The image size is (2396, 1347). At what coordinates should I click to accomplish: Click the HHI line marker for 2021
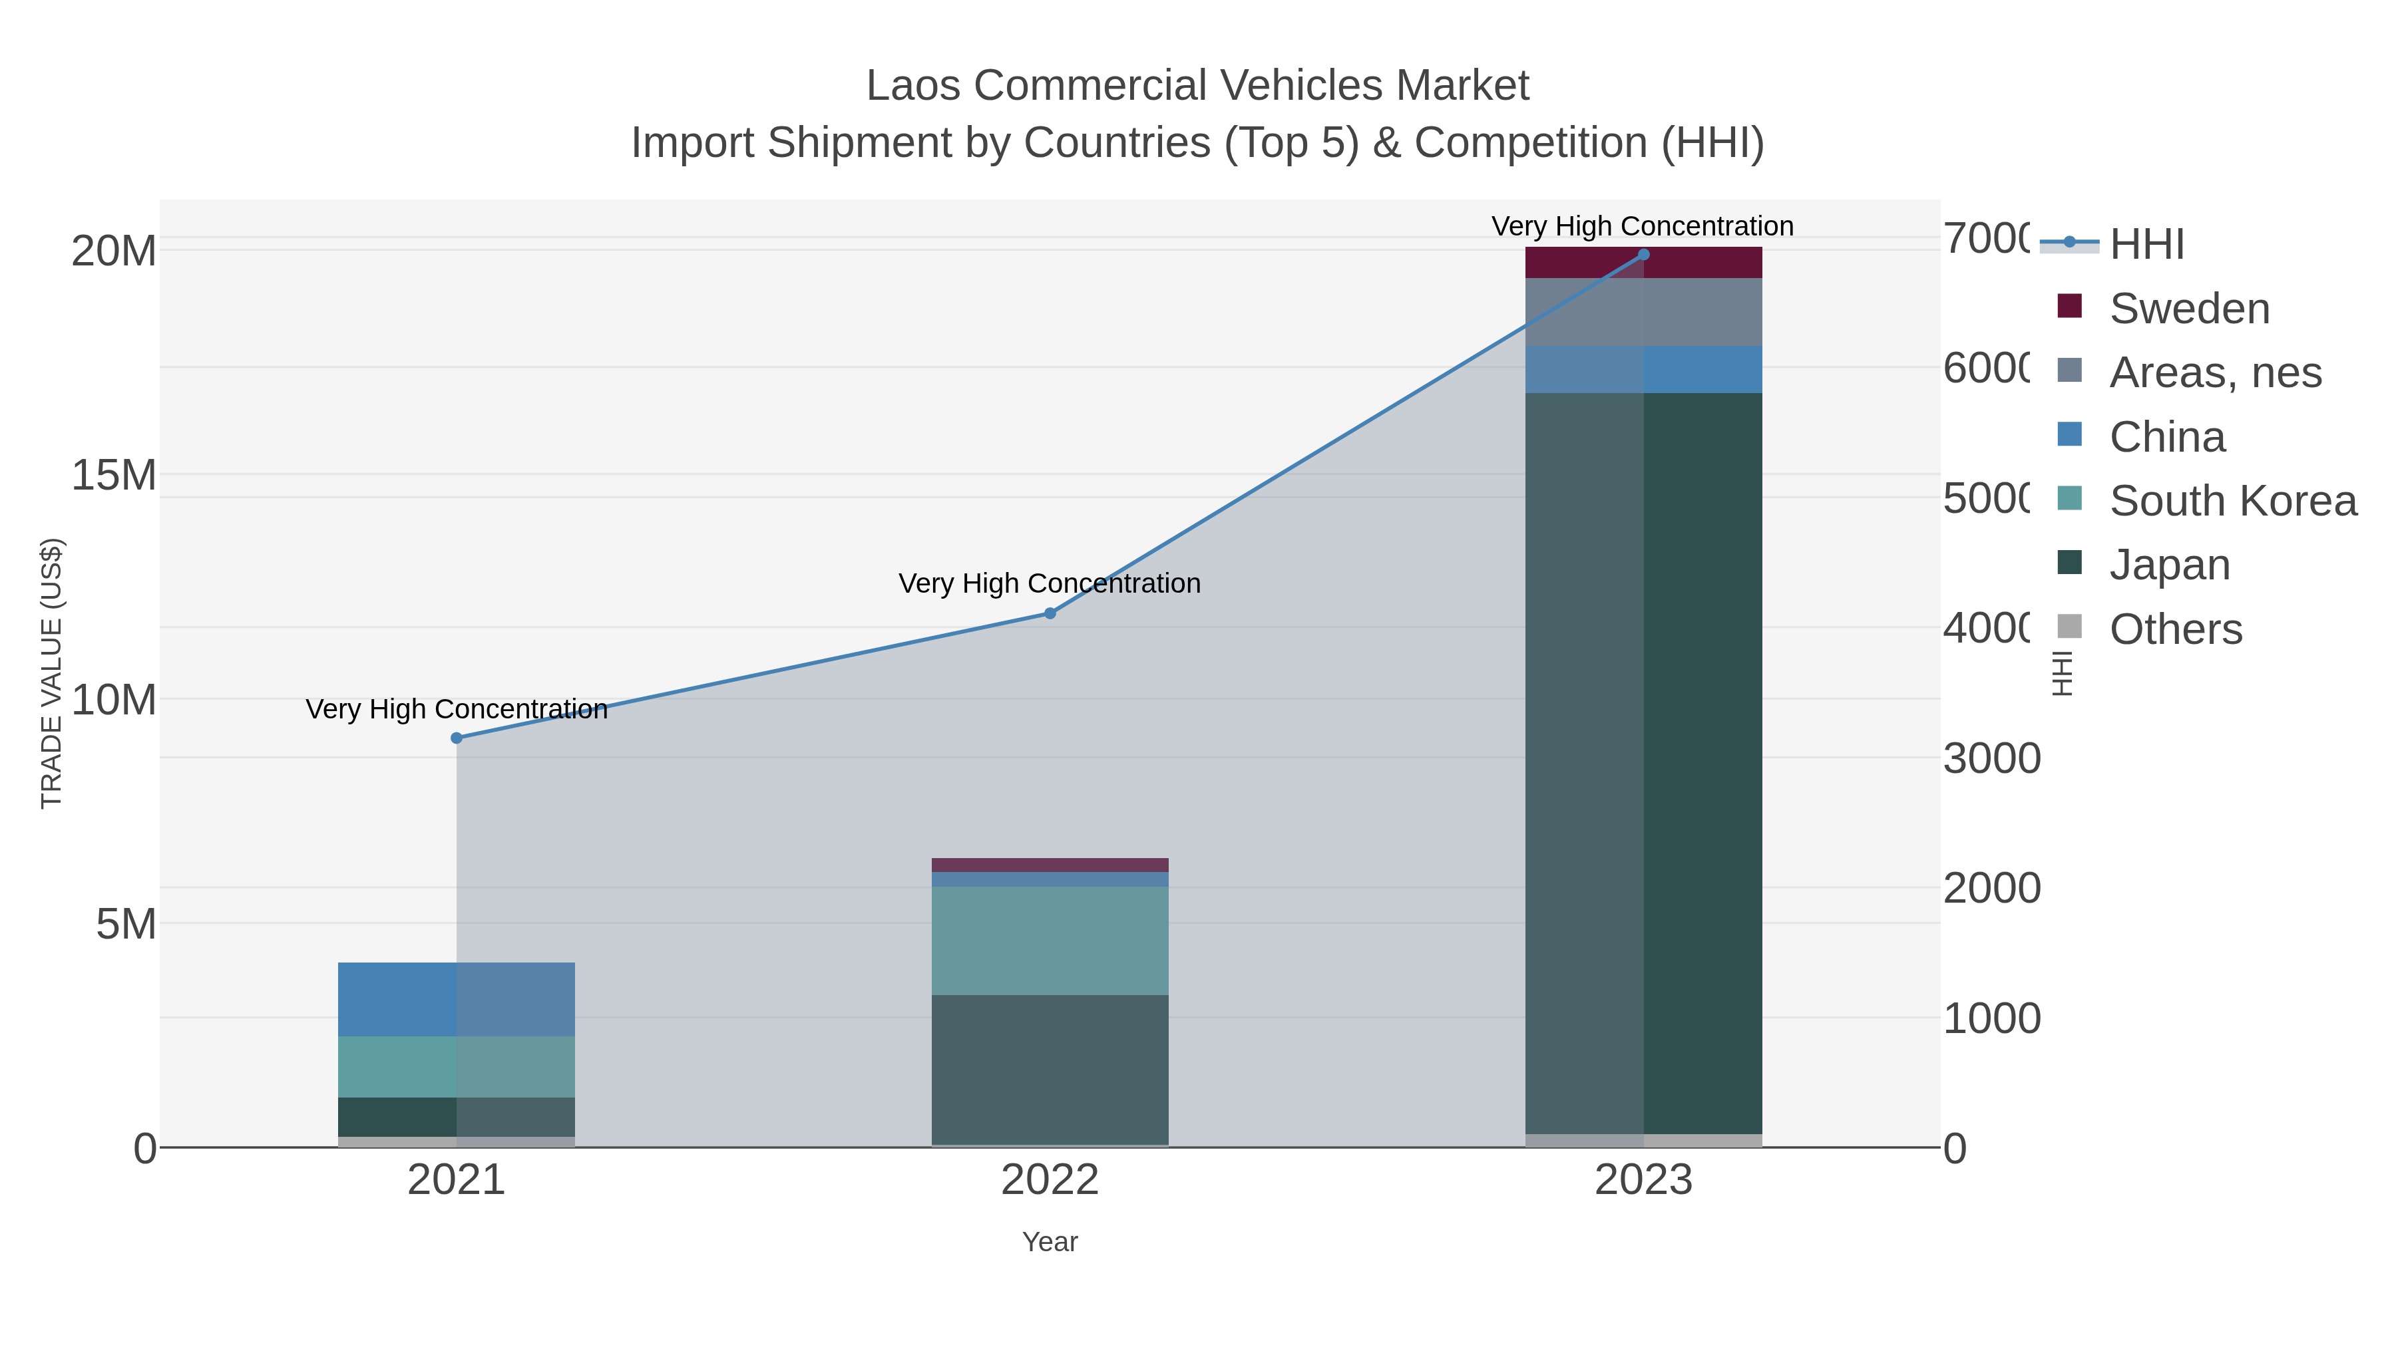click(457, 738)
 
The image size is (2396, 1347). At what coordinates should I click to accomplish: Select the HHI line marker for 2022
click(1050, 613)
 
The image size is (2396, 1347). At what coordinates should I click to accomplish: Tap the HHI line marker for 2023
click(1643, 255)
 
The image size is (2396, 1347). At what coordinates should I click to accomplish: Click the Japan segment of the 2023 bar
click(1643, 762)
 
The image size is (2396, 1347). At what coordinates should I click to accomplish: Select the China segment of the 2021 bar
click(456, 999)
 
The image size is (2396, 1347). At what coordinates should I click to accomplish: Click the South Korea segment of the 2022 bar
click(1050, 941)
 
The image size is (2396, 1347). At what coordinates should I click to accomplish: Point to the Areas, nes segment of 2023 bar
click(1643, 313)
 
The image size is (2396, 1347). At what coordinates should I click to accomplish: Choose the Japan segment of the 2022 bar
click(1050, 1069)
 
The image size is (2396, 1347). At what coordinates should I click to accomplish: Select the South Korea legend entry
click(2232, 501)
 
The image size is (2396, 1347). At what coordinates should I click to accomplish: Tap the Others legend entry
click(2174, 629)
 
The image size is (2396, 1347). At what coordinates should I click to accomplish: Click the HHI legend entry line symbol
click(2069, 243)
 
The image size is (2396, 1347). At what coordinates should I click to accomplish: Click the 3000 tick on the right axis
click(1991, 758)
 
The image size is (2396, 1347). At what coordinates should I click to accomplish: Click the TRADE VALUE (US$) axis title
click(52, 673)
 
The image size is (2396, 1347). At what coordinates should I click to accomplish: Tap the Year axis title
click(1050, 1242)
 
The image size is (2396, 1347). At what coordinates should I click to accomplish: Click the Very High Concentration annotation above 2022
click(1050, 584)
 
